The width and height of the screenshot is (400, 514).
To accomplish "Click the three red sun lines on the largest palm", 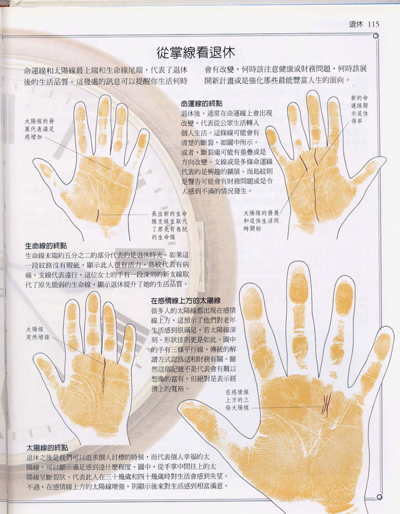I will click(x=327, y=403).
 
